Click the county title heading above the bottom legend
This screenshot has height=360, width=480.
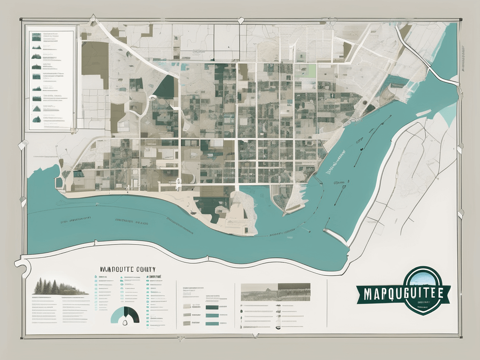pyautogui.click(x=127, y=270)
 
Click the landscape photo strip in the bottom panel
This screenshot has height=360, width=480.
pyautogui.click(x=275, y=292)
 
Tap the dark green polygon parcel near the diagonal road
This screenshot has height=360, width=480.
pyautogui.click(x=164, y=87)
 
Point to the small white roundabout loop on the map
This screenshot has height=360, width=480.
pyautogui.click(x=152, y=98)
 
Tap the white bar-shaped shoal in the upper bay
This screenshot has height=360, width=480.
pyautogui.click(x=423, y=112)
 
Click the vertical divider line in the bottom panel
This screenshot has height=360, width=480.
pyautogui.click(x=327, y=305)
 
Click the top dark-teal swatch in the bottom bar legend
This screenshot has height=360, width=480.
pyautogui.click(x=212, y=307)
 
